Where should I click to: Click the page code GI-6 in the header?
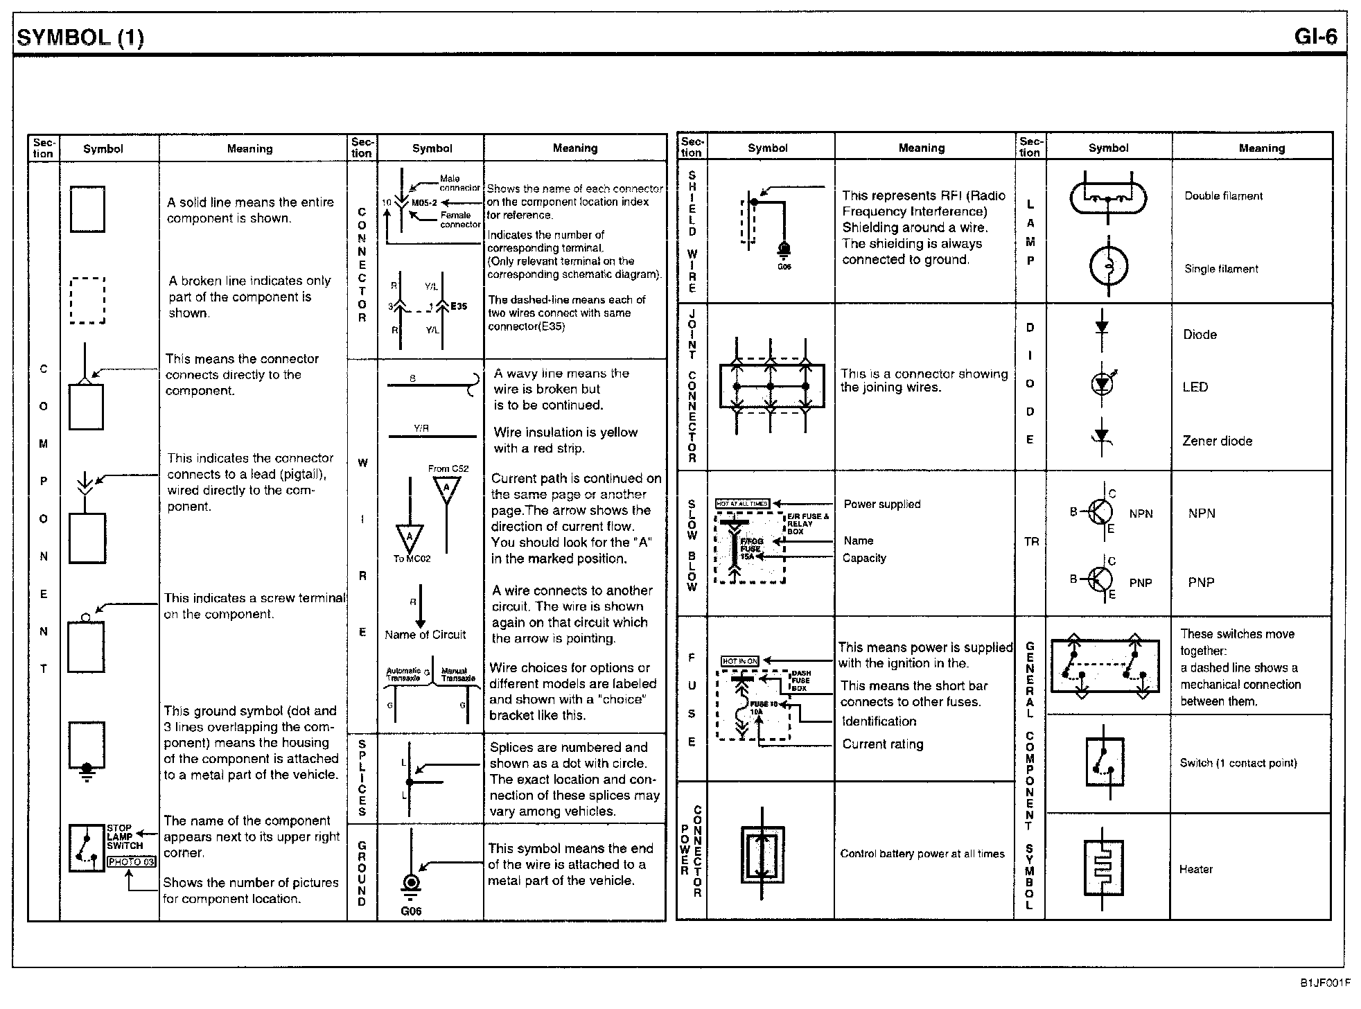[x=1315, y=36]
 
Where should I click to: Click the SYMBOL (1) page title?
[x=80, y=37]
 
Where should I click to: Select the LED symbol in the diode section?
[x=1102, y=383]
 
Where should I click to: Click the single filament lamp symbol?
[x=1108, y=266]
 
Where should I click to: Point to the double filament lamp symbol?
[x=1108, y=200]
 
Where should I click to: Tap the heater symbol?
[x=1103, y=868]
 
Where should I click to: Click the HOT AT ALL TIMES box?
[x=741, y=504]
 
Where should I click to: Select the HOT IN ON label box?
[x=740, y=661]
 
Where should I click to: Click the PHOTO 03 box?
[x=131, y=862]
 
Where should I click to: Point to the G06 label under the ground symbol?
[x=411, y=911]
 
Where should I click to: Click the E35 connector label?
[x=459, y=306]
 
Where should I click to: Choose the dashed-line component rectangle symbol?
[x=88, y=300]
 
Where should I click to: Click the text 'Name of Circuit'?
[x=425, y=635]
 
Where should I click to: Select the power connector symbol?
[x=762, y=855]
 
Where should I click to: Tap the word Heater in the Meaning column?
[x=1196, y=869]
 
